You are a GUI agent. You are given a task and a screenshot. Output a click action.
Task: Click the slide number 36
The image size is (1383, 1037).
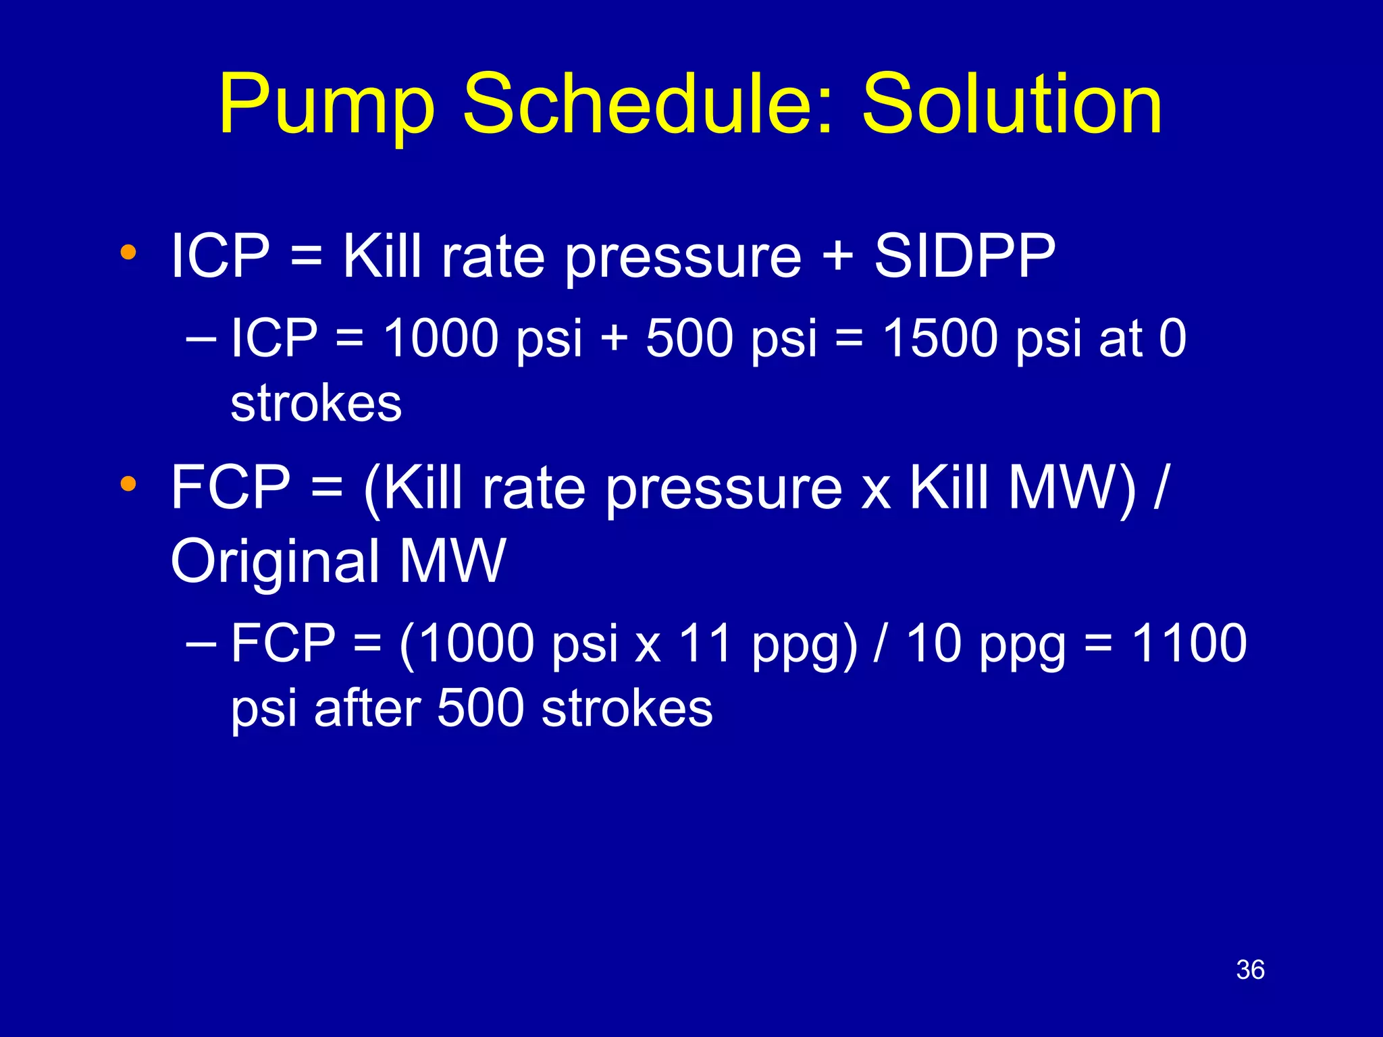[1250, 970]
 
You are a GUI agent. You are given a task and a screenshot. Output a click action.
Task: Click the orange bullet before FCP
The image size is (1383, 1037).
[128, 484]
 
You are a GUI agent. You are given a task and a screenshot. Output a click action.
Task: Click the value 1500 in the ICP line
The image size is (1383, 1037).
[941, 338]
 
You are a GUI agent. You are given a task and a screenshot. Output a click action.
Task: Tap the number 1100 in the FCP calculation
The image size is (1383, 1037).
[1189, 643]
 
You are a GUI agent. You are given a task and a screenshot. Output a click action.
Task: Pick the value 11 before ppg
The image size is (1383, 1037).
[705, 643]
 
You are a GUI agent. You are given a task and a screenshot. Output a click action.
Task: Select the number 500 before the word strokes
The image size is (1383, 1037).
[480, 708]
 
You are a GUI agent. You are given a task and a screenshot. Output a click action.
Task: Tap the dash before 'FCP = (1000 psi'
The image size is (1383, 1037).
[201, 644]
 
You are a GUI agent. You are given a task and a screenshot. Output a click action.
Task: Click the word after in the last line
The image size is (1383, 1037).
[368, 708]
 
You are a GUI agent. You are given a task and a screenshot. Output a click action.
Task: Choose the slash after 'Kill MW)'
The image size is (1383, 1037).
[1160, 487]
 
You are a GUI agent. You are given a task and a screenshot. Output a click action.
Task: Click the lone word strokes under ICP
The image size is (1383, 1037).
[316, 404]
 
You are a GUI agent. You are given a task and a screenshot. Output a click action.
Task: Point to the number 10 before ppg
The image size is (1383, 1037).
[933, 643]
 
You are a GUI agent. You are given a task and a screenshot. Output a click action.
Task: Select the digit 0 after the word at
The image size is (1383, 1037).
[1173, 338]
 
